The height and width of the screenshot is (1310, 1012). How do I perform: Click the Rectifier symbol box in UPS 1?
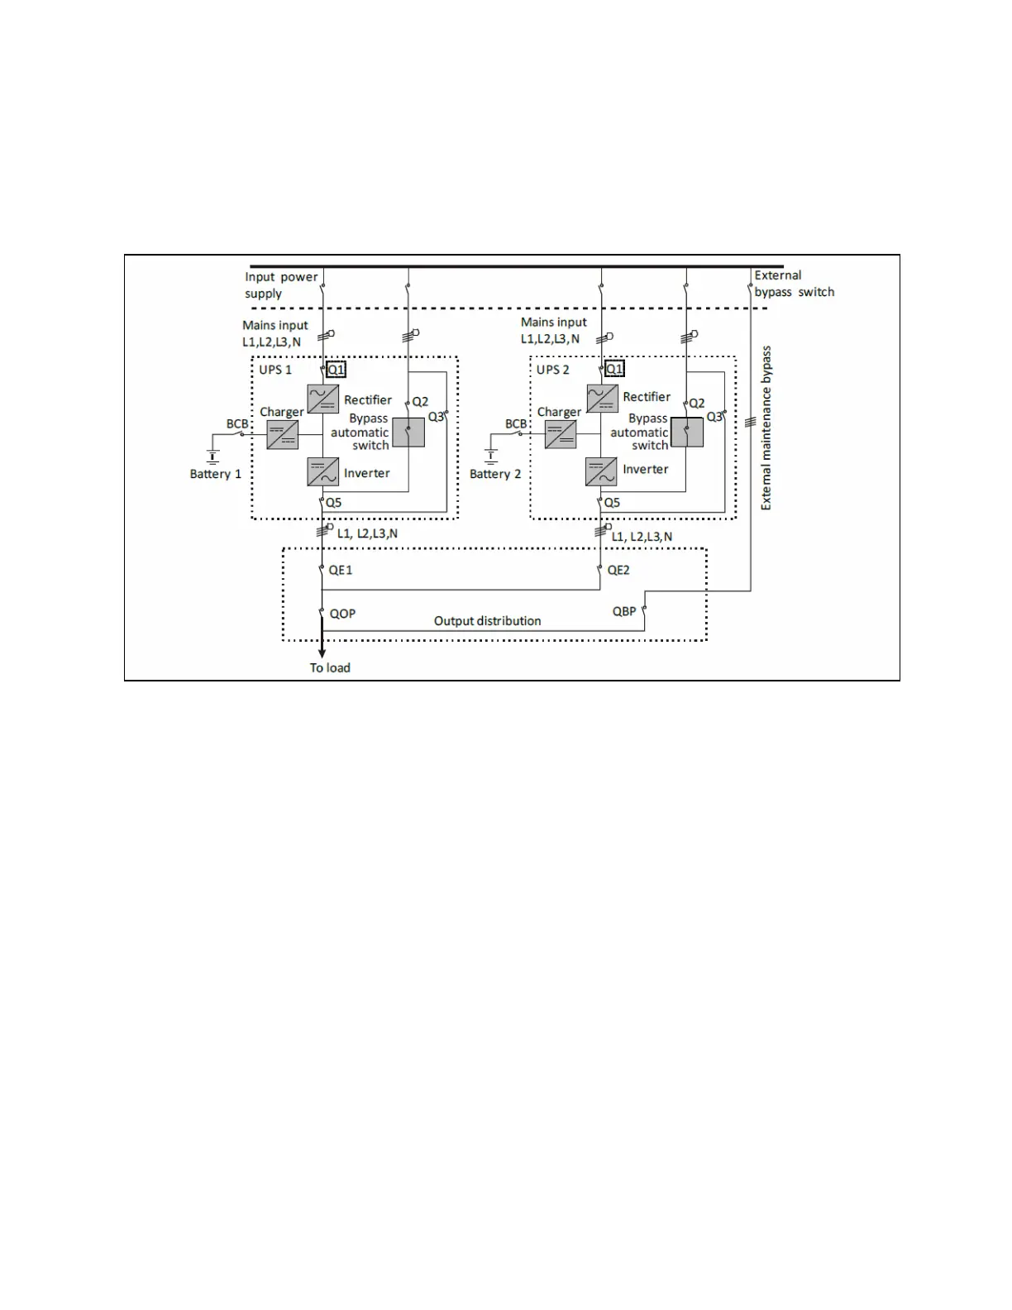coord(322,399)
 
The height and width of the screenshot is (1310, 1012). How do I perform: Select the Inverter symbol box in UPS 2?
coord(601,471)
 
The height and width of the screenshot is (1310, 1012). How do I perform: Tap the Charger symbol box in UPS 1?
coord(282,434)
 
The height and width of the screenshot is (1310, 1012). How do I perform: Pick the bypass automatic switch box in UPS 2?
coord(687,432)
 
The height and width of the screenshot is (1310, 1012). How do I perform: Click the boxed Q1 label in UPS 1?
coord(337,370)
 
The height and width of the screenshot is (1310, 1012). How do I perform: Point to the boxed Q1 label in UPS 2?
coord(614,369)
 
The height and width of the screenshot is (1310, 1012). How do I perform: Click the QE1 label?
coord(341,570)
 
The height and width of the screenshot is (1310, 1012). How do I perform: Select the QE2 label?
coord(618,570)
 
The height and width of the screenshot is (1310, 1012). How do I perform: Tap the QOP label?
coord(342,614)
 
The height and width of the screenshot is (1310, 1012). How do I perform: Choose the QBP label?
coord(624,611)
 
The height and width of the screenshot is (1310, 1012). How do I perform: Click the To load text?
coord(330,667)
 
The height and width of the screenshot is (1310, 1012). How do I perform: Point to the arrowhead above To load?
coord(322,653)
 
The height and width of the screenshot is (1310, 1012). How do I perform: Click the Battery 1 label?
coord(216,474)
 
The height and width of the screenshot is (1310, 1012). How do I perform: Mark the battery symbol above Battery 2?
coord(491,455)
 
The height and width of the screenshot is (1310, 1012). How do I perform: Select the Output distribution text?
coord(488,621)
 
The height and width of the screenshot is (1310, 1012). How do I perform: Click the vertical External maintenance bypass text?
coord(766,428)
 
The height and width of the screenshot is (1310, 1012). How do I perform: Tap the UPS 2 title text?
coord(553,370)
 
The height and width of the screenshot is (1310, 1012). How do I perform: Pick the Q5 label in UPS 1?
coord(333,502)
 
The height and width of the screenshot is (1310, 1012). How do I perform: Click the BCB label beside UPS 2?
coord(516,423)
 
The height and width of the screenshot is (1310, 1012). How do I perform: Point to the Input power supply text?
coord(281,285)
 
